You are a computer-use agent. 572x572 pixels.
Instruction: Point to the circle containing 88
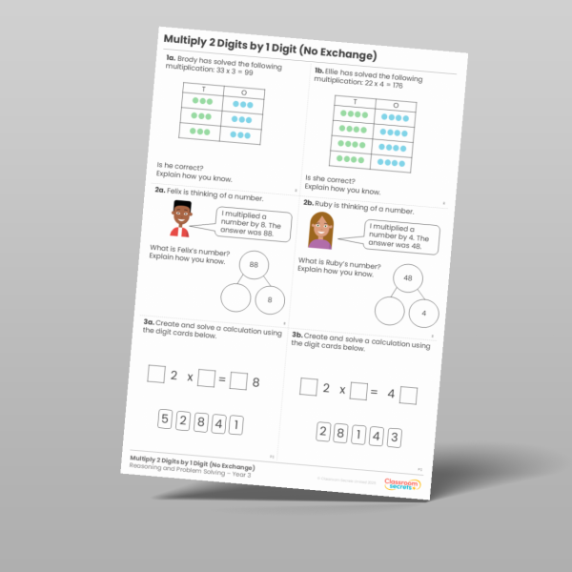point(254,264)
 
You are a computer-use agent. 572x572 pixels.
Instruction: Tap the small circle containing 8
point(270,299)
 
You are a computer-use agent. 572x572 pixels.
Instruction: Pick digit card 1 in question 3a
point(237,424)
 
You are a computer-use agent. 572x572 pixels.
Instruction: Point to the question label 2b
point(309,204)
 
